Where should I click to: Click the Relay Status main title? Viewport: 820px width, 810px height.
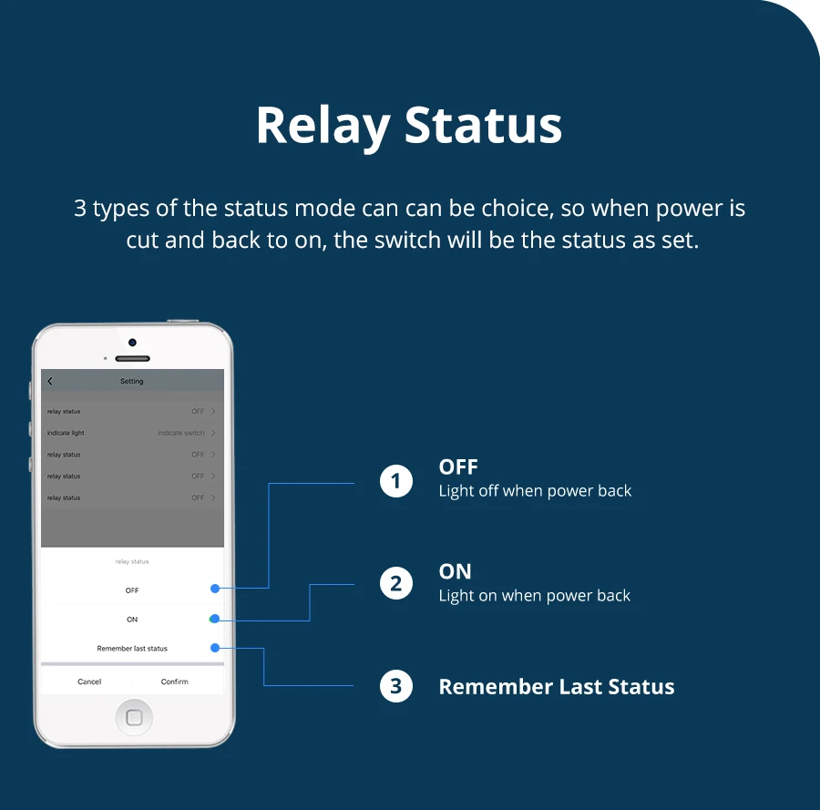tap(409, 126)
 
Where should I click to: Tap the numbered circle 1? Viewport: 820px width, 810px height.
tap(396, 480)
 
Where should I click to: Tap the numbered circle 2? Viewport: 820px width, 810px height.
tap(396, 583)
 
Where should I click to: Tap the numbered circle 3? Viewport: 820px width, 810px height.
tap(396, 686)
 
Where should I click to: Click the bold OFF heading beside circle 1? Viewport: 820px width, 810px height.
tap(458, 467)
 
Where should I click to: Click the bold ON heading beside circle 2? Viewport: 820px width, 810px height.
tap(456, 571)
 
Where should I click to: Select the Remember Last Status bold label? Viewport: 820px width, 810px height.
tap(557, 687)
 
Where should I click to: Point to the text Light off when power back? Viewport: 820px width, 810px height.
tap(535, 491)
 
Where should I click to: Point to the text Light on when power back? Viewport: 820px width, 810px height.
tap(535, 596)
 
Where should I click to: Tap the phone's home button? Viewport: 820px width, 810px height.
tap(134, 717)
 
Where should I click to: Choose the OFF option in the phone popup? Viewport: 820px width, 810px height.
tap(132, 590)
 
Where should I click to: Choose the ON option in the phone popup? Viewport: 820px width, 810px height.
tap(132, 620)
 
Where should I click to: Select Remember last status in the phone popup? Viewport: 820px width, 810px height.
tap(132, 649)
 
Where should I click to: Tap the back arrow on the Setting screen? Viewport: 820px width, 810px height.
tap(50, 381)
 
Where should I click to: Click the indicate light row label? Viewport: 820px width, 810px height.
tap(66, 433)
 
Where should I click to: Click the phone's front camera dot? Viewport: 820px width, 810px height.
tap(132, 343)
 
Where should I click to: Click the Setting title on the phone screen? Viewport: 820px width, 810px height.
tap(132, 381)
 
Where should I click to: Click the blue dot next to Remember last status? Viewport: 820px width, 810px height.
tap(215, 648)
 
